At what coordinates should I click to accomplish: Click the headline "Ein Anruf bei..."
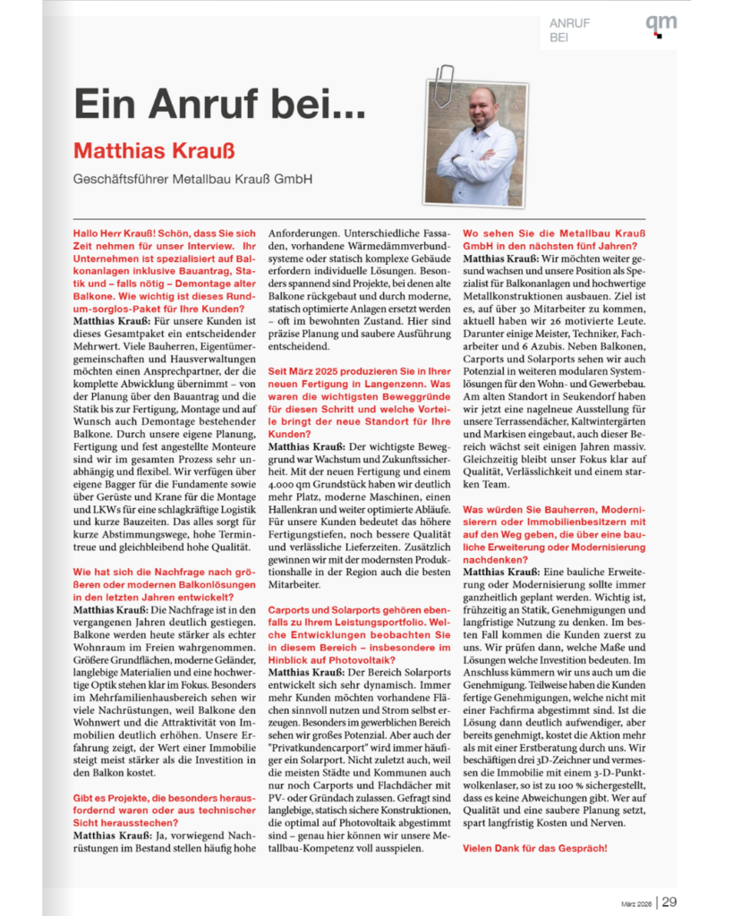pyautogui.click(x=219, y=105)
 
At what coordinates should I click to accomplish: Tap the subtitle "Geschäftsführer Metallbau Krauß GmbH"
pyautogui.click(x=192, y=179)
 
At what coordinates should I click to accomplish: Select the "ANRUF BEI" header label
pyautogui.click(x=570, y=30)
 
